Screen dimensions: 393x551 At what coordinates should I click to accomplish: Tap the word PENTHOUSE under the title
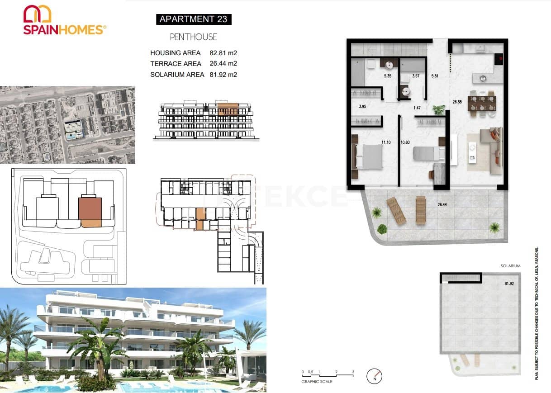(x=194, y=37)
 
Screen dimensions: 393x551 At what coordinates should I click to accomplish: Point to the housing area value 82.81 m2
(x=223, y=53)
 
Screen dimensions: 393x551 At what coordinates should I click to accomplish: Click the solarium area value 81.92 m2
(x=223, y=75)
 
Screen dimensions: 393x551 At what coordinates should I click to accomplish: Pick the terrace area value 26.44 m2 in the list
(x=223, y=64)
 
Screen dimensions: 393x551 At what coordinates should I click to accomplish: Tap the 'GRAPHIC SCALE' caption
(x=317, y=382)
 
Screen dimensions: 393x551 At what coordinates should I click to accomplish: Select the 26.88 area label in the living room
(x=457, y=102)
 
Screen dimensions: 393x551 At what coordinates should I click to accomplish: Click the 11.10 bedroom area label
(x=386, y=142)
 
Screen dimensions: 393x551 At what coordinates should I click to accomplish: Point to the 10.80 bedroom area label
(x=405, y=142)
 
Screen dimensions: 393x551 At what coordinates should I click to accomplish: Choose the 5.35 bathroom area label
(x=387, y=76)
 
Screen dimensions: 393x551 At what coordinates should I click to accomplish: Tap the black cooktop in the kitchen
(x=500, y=58)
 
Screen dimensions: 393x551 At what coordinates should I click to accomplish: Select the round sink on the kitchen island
(x=483, y=78)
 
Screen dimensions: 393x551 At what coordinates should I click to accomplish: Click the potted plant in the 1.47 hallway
(x=438, y=109)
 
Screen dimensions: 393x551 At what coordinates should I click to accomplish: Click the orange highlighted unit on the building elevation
(x=228, y=109)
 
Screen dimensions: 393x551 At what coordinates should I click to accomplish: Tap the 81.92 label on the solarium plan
(x=509, y=284)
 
